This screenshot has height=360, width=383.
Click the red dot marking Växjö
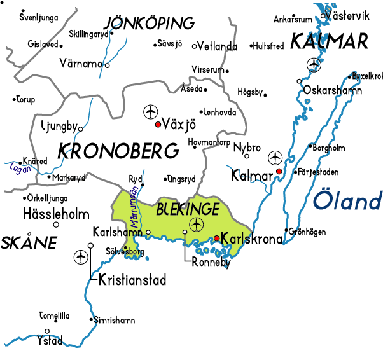[158, 125]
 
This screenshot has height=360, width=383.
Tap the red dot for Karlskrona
[217, 239]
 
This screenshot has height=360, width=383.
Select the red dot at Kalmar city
[279, 172]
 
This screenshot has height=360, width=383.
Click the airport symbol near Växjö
[150, 111]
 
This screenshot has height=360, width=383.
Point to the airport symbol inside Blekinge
[196, 224]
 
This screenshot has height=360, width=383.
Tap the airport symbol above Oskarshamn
[314, 64]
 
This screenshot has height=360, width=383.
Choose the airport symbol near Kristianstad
[81, 257]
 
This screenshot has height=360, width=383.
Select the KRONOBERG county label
[118, 151]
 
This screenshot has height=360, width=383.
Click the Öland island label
[347, 202]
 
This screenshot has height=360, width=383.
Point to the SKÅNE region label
[29, 242]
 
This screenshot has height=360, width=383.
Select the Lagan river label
[20, 169]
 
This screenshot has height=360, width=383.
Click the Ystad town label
[50, 340]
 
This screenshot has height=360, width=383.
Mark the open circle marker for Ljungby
[80, 129]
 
